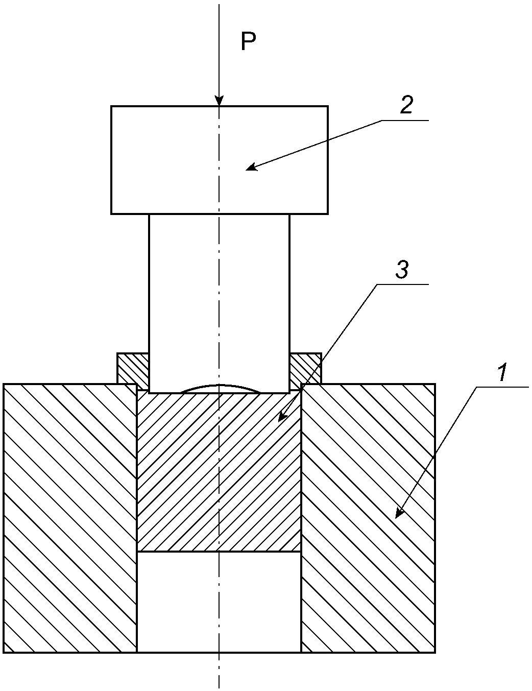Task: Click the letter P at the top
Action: pyautogui.click(x=249, y=41)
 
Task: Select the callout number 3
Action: pyautogui.click(x=402, y=269)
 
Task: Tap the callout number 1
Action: pyautogui.click(x=502, y=372)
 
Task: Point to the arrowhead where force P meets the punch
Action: pyautogui.click(x=219, y=101)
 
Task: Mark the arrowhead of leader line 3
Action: pyautogui.click(x=282, y=417)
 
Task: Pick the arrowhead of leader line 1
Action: pyautogui.click(x=399, y=513)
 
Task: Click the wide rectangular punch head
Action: pyautogui.click(x=219, y=160)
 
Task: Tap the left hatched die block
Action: pyautogui.click(x=70, y=518)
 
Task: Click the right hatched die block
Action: pyautogui.click(x=368, y=518)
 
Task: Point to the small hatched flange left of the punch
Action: pyautogui.click(x=133, y=368)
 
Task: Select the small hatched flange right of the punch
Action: pyautogui.click(x=306, y=368)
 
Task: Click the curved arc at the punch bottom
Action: pyautogui.click(x=219, y=386)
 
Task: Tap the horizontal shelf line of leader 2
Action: pyautogui.click(x=405, y=120)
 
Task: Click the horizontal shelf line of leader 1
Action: pyautogui.click(x=502, y=387)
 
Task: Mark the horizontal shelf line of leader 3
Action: pyautogui.click(x=402, y=284)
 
